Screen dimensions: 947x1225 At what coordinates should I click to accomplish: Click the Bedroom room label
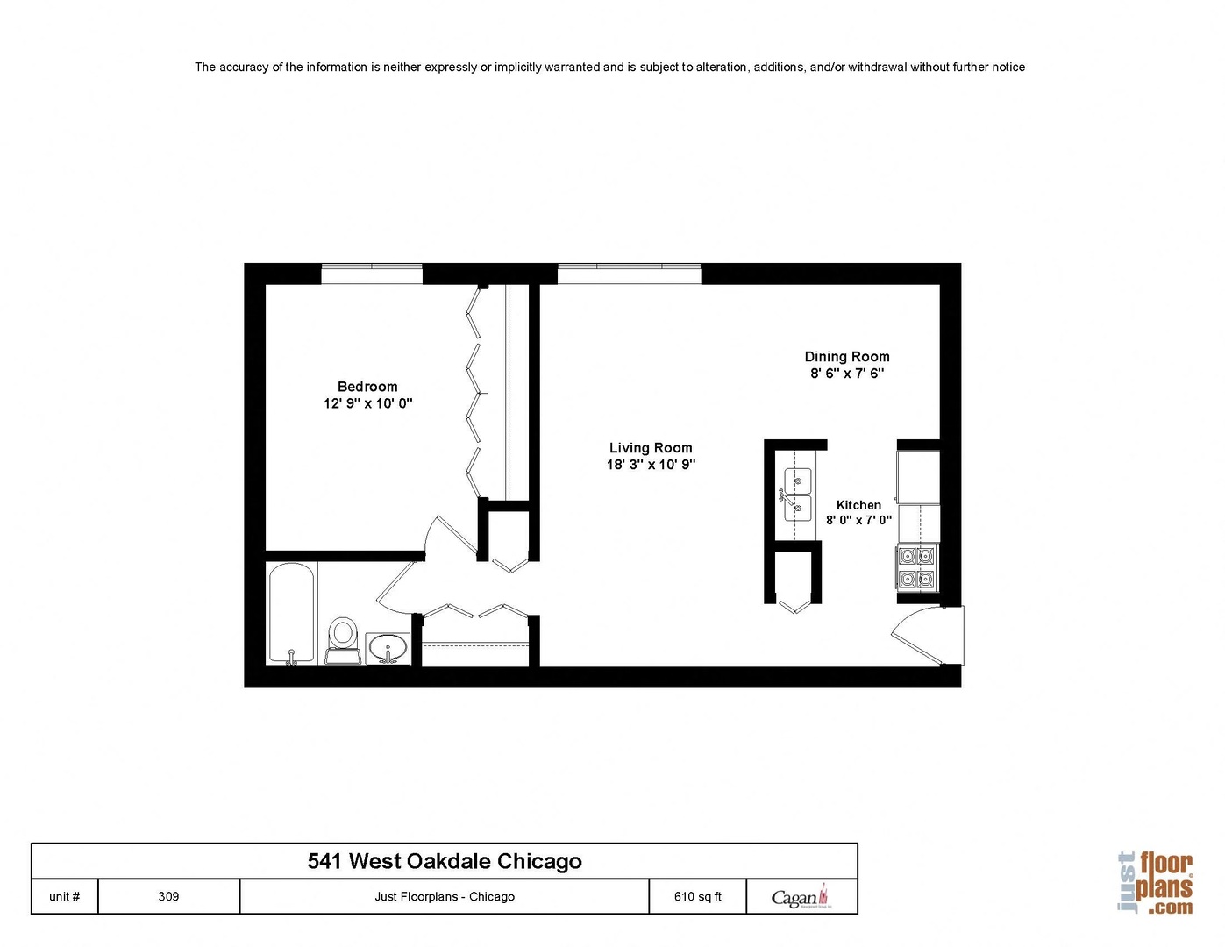point(367,387)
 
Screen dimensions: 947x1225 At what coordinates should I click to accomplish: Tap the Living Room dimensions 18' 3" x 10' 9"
point(651,465)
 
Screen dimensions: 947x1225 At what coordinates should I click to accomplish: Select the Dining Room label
point(847,357)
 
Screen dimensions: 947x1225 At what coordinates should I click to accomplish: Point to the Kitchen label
point(858,505)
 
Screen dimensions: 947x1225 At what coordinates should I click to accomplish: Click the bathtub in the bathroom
point(291,613)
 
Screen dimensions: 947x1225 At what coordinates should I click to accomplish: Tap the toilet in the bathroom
point(343,639)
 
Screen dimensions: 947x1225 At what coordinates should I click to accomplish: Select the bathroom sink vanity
point(387,649)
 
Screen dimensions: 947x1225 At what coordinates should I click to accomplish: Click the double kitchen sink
point(797,494)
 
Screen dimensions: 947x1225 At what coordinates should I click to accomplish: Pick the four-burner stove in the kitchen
point(916,566)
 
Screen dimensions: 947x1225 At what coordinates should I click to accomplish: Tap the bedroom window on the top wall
point(372,273)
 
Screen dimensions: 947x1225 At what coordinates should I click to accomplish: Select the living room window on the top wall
point(629,273)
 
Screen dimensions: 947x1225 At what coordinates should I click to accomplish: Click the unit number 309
point(168,896)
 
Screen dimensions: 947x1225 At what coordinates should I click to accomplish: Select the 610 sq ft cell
point(697,896)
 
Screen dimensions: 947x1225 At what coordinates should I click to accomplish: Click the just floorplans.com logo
point(1155,883)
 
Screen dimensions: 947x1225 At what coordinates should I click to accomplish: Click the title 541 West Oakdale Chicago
point(445,861)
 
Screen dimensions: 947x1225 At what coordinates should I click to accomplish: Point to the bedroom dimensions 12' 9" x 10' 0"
point(367,403)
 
